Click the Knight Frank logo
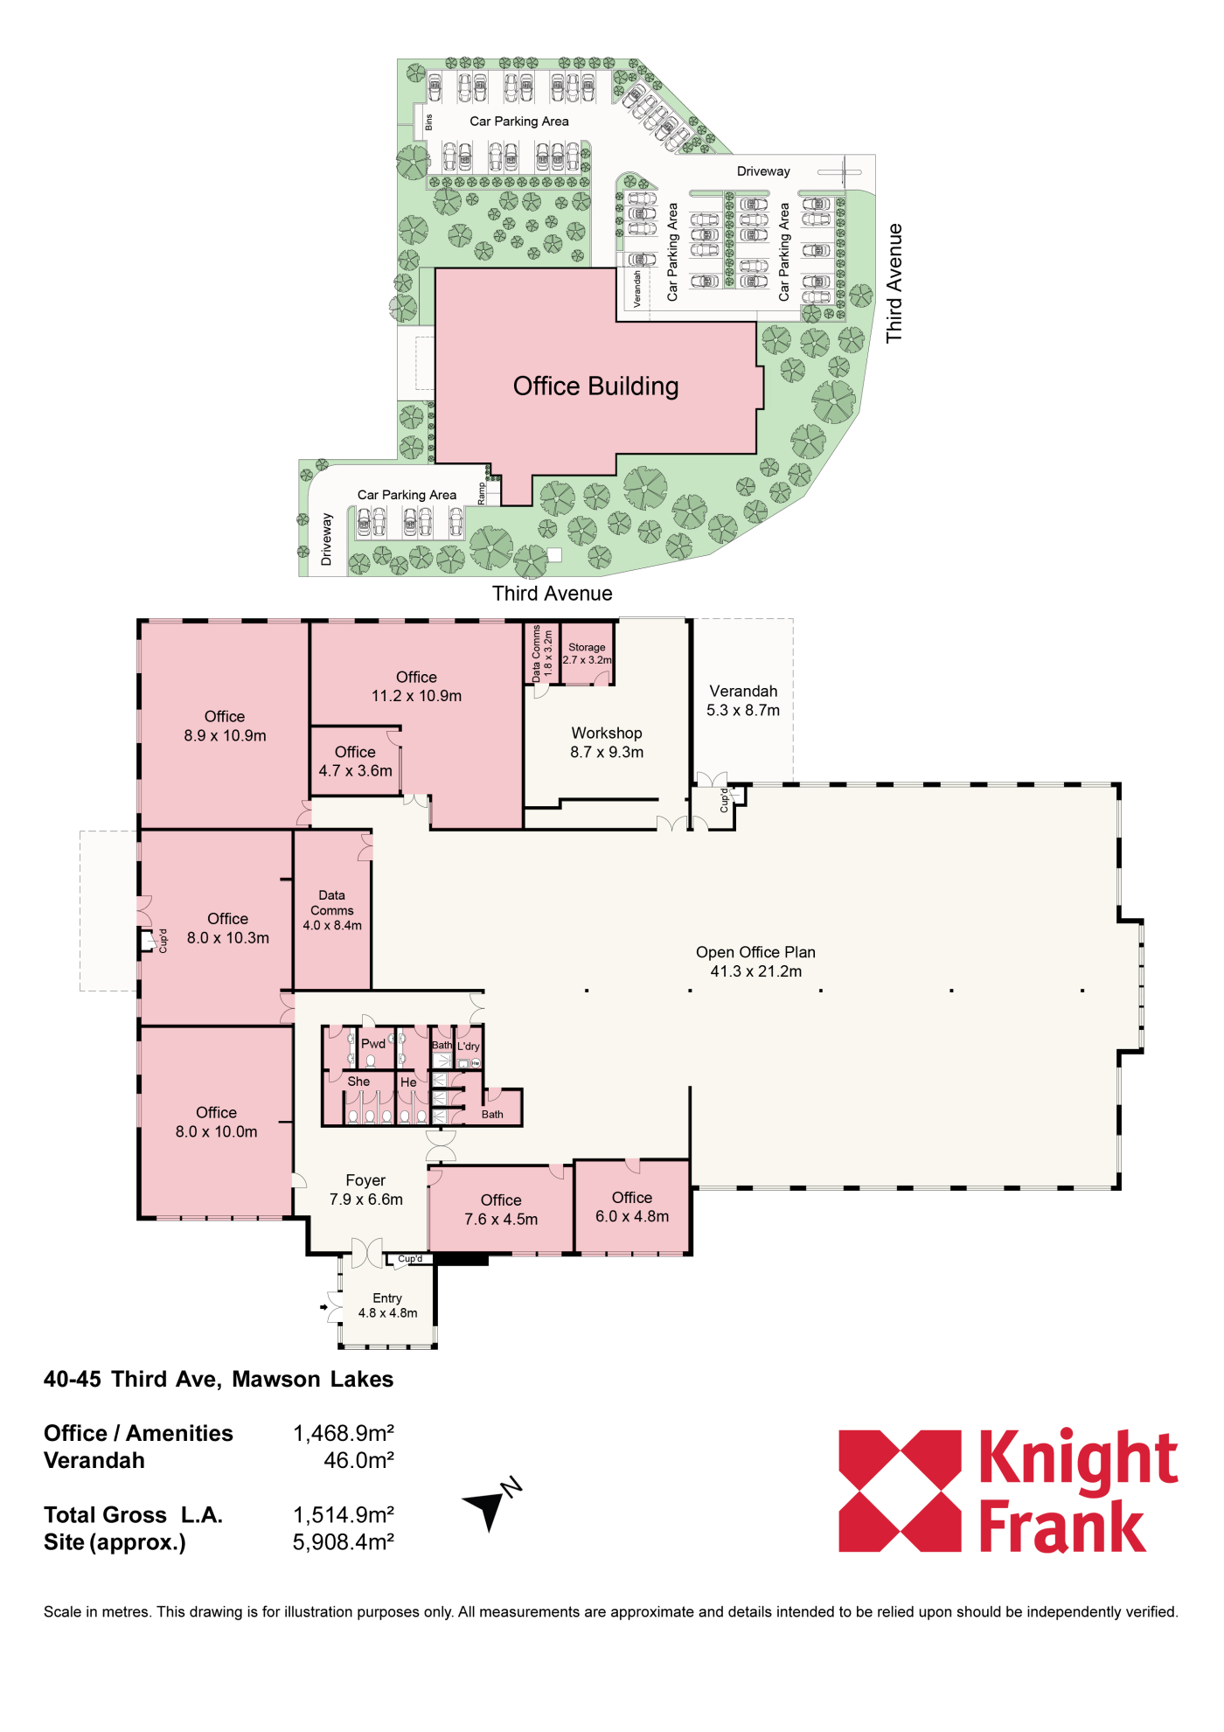(1008, 1491)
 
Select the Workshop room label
(607, 734)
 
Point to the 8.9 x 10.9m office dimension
(225, 736)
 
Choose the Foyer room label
(365, 1180)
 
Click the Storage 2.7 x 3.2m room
(587, 653)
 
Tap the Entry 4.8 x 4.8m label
(387, 1305)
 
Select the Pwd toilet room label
(373, 1044)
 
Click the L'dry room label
(469, 1047)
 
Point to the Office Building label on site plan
(595, 386)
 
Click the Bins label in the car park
(428, 122)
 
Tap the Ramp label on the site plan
(481, 494)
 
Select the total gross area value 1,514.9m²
(344, 1515)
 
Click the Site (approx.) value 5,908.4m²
(344, 1542)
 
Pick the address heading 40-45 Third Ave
(219, 1380)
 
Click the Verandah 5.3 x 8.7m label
(743, 700)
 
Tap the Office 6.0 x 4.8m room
(632, 1207)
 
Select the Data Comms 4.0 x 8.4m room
(332, 910)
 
